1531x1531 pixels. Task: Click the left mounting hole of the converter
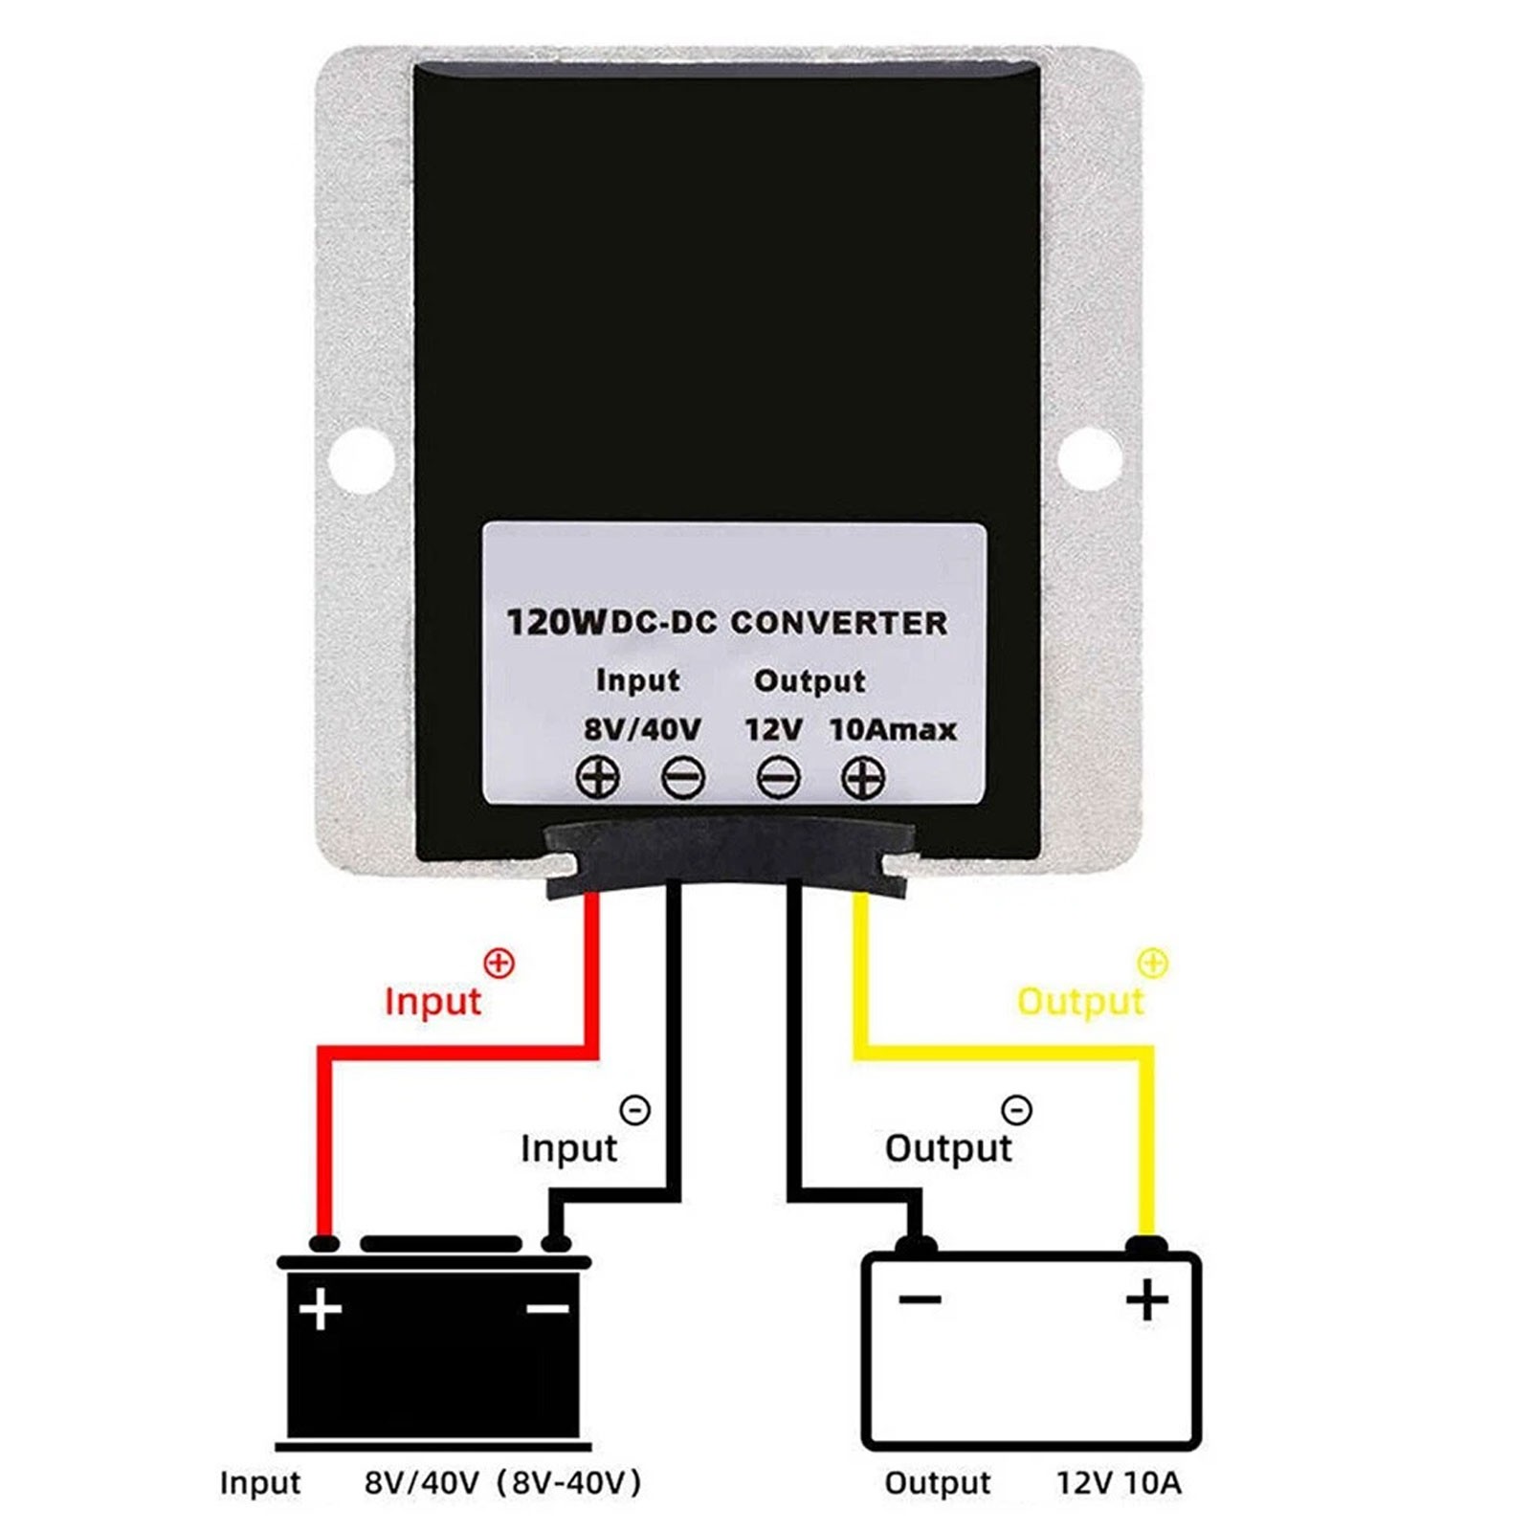coord(362,460)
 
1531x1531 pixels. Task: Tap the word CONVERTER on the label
coord(839,623)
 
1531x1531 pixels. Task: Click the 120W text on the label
coord(555,623)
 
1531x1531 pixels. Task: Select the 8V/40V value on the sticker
coord(642,729)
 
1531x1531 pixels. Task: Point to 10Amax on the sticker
coord(893,729)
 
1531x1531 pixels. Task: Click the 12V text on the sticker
coord(773,729)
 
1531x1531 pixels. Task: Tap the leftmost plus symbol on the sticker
coord(598,777)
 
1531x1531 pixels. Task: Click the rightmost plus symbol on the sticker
coord(862,777)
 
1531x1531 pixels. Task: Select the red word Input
coord(433,1002)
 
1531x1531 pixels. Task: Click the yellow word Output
coord(1079,1002)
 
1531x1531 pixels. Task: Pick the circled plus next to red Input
coord(499,963)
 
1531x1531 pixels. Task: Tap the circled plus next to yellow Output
coord(1154,963)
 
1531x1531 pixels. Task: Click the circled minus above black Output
coord(1016,1110)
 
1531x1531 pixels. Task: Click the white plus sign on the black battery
coord(321,1308)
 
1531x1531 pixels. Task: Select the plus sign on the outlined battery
coord(1146,1299)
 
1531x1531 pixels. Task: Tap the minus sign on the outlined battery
coord(920,1298)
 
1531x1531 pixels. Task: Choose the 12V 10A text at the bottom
coord(1119,1483)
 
